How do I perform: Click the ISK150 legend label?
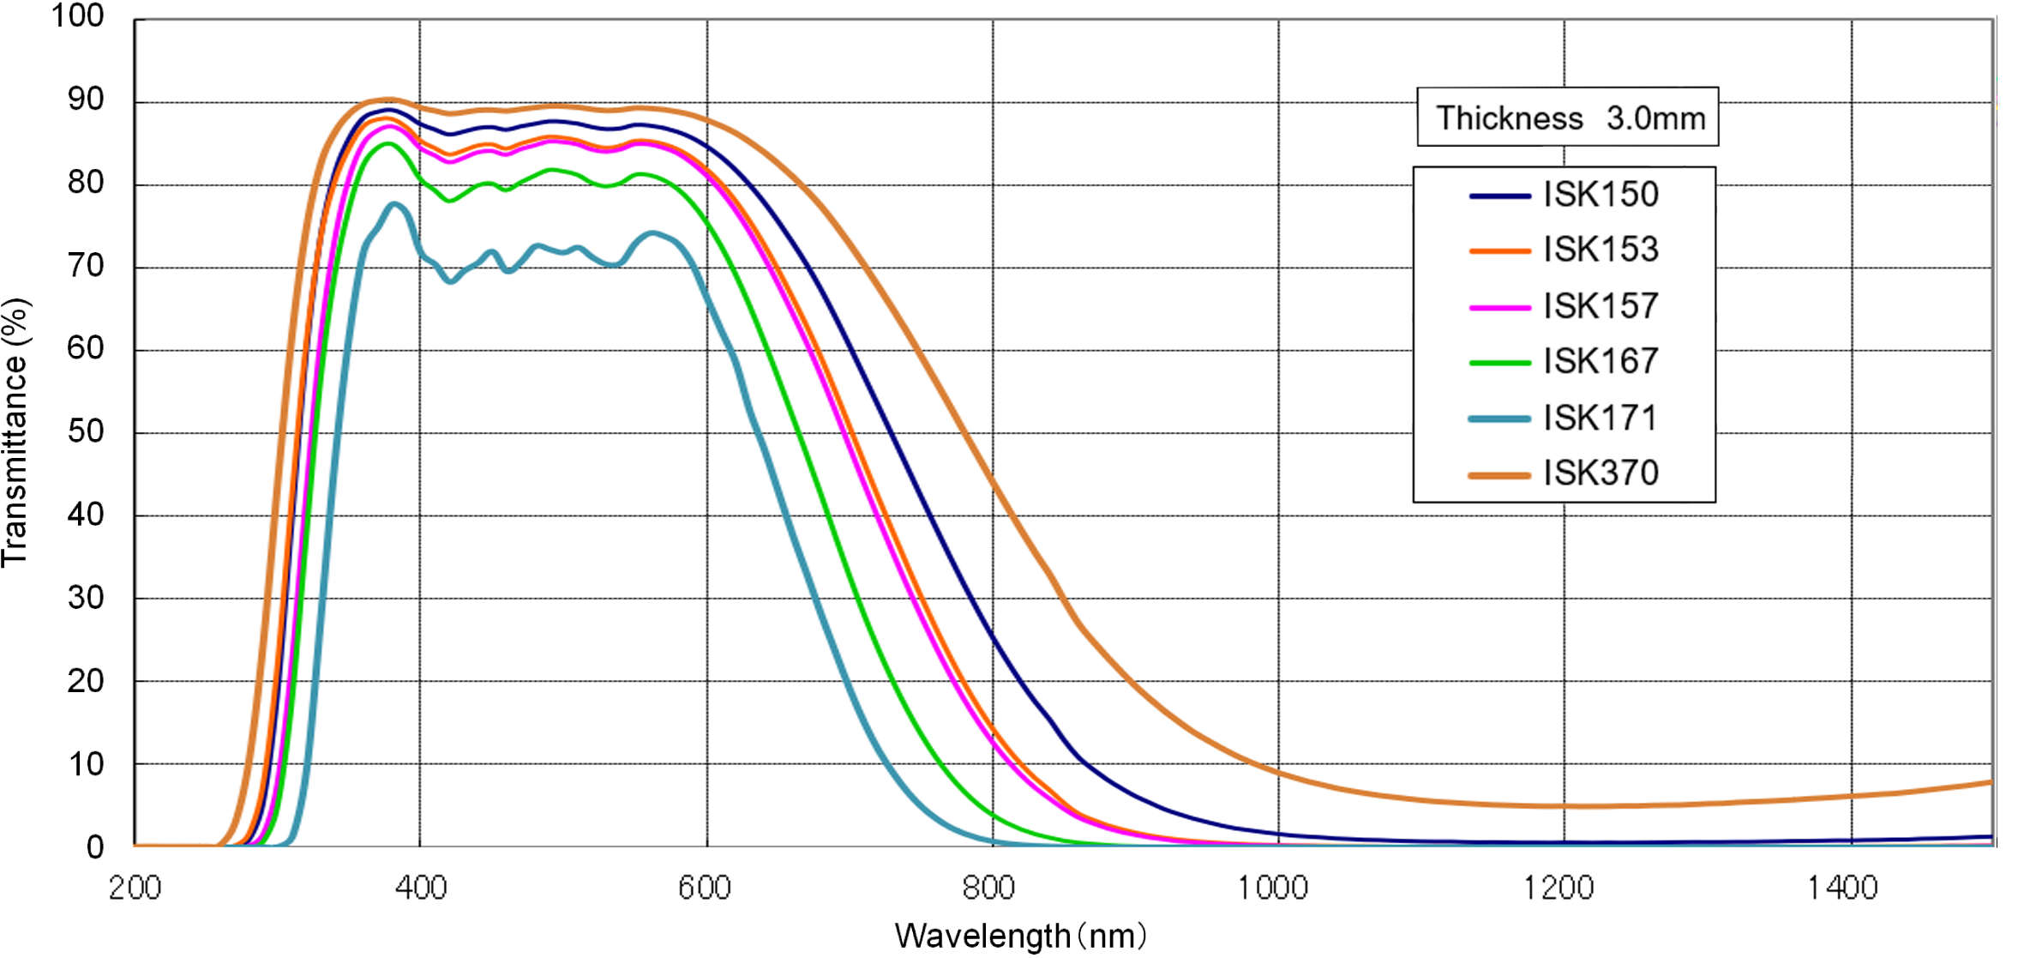(x=1601, y=195)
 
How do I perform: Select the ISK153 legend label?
(x=1601, y=250)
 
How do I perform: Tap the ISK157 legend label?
(x=1601, y=306)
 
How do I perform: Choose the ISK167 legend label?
(x=1601, y=361)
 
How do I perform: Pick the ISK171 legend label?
(x=1601, y=418)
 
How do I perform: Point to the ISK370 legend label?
(x=1601, y=473)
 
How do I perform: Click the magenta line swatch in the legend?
(x=1499, y=307)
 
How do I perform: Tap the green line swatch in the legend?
(x=1499, y=363)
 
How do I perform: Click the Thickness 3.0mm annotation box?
(x=1567, y=117)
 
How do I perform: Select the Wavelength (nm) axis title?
(x=1020, y=936)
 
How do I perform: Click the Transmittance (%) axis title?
(x=15, y=433)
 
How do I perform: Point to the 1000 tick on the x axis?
(x=1273, y=888)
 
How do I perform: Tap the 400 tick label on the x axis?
(x=421, y=888)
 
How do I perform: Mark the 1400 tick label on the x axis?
(x=1843, y=888)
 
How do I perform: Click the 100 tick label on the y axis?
(x=77, y=15)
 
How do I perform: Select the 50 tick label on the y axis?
(x=86, y=431)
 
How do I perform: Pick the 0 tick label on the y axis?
(x=95, y=847)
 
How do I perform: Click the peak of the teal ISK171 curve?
(x=394, y=204)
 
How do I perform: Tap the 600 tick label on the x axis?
(x=705, y=888)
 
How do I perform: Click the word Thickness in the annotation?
(x=1510, y=118)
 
